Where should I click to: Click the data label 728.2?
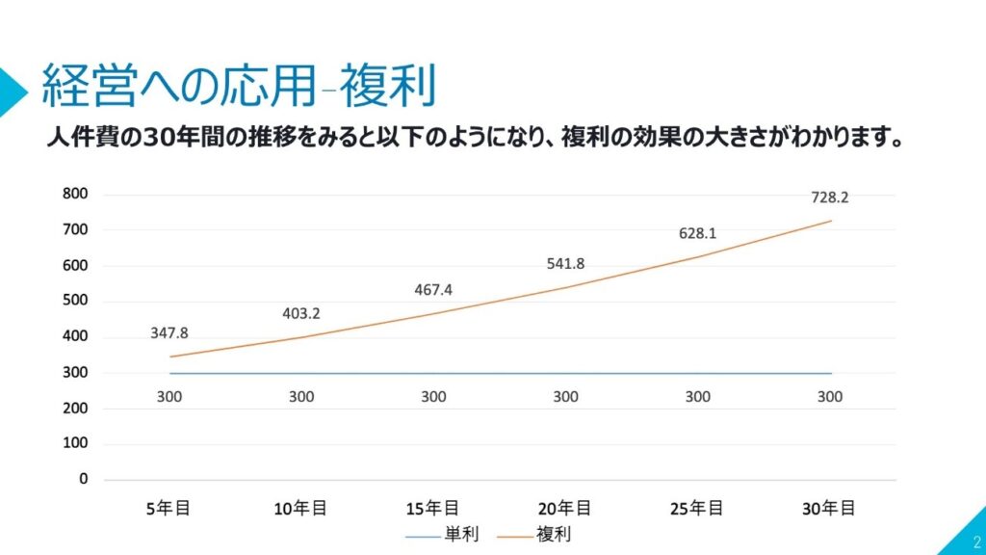point(830,198)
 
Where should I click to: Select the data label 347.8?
point(169,333)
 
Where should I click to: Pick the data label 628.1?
point(698,233)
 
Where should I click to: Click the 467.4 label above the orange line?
point(433,290)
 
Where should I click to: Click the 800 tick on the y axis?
point(76,194)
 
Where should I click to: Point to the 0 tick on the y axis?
point(84,479)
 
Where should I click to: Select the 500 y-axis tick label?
point(76,301)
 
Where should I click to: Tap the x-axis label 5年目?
point(169,508)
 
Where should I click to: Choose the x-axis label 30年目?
point(830,508)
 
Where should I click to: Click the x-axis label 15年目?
point(433,508)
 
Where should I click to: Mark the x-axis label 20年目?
point(565,508)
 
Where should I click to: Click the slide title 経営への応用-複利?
point(238,87)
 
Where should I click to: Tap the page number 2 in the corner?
point(976,542)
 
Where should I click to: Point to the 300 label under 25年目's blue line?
point(698,396)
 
